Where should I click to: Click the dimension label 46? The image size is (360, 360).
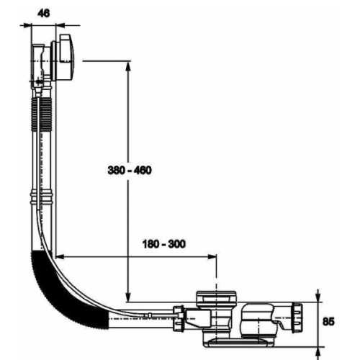44,13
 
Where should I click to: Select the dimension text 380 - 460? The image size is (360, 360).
130,170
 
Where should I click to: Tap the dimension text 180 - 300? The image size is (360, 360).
164,244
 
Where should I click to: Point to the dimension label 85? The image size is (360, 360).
328,322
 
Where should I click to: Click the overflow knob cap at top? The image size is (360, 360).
66,58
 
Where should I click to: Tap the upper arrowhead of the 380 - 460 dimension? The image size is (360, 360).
128,67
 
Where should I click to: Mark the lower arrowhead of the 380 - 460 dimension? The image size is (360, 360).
128,296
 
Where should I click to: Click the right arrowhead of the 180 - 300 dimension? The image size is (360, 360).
211,257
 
